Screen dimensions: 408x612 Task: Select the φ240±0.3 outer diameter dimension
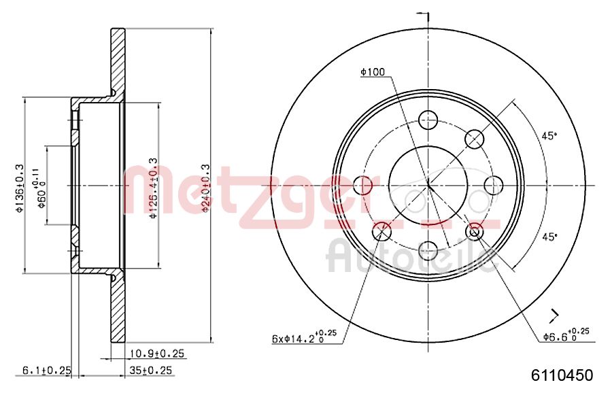coord(205,184)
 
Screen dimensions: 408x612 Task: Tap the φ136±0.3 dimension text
coord(20,185)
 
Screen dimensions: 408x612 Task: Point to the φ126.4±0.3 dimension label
coord(154,186)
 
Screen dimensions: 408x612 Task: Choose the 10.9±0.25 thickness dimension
coord(157,354)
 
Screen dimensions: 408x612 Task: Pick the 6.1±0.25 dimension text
coord(47,371)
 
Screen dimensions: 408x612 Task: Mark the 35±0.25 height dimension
coord(151,371)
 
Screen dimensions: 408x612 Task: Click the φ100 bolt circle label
coord(373,71)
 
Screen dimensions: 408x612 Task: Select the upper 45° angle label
coord(549,135)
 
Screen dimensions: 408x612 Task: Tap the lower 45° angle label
coord(549,236)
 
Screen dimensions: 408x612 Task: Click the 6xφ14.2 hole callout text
coord(300,337)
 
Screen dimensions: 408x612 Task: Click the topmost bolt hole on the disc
coord(428,120)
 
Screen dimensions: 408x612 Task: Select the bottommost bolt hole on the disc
coord(428,250)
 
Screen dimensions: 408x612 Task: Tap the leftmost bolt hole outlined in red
coord(364,184)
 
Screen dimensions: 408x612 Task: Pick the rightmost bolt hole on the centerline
coord(492,184)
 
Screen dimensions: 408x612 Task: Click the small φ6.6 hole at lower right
coord(475,231)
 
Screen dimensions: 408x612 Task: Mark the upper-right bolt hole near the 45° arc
coord(474,139)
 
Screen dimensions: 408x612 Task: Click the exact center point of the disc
coord(428,184)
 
